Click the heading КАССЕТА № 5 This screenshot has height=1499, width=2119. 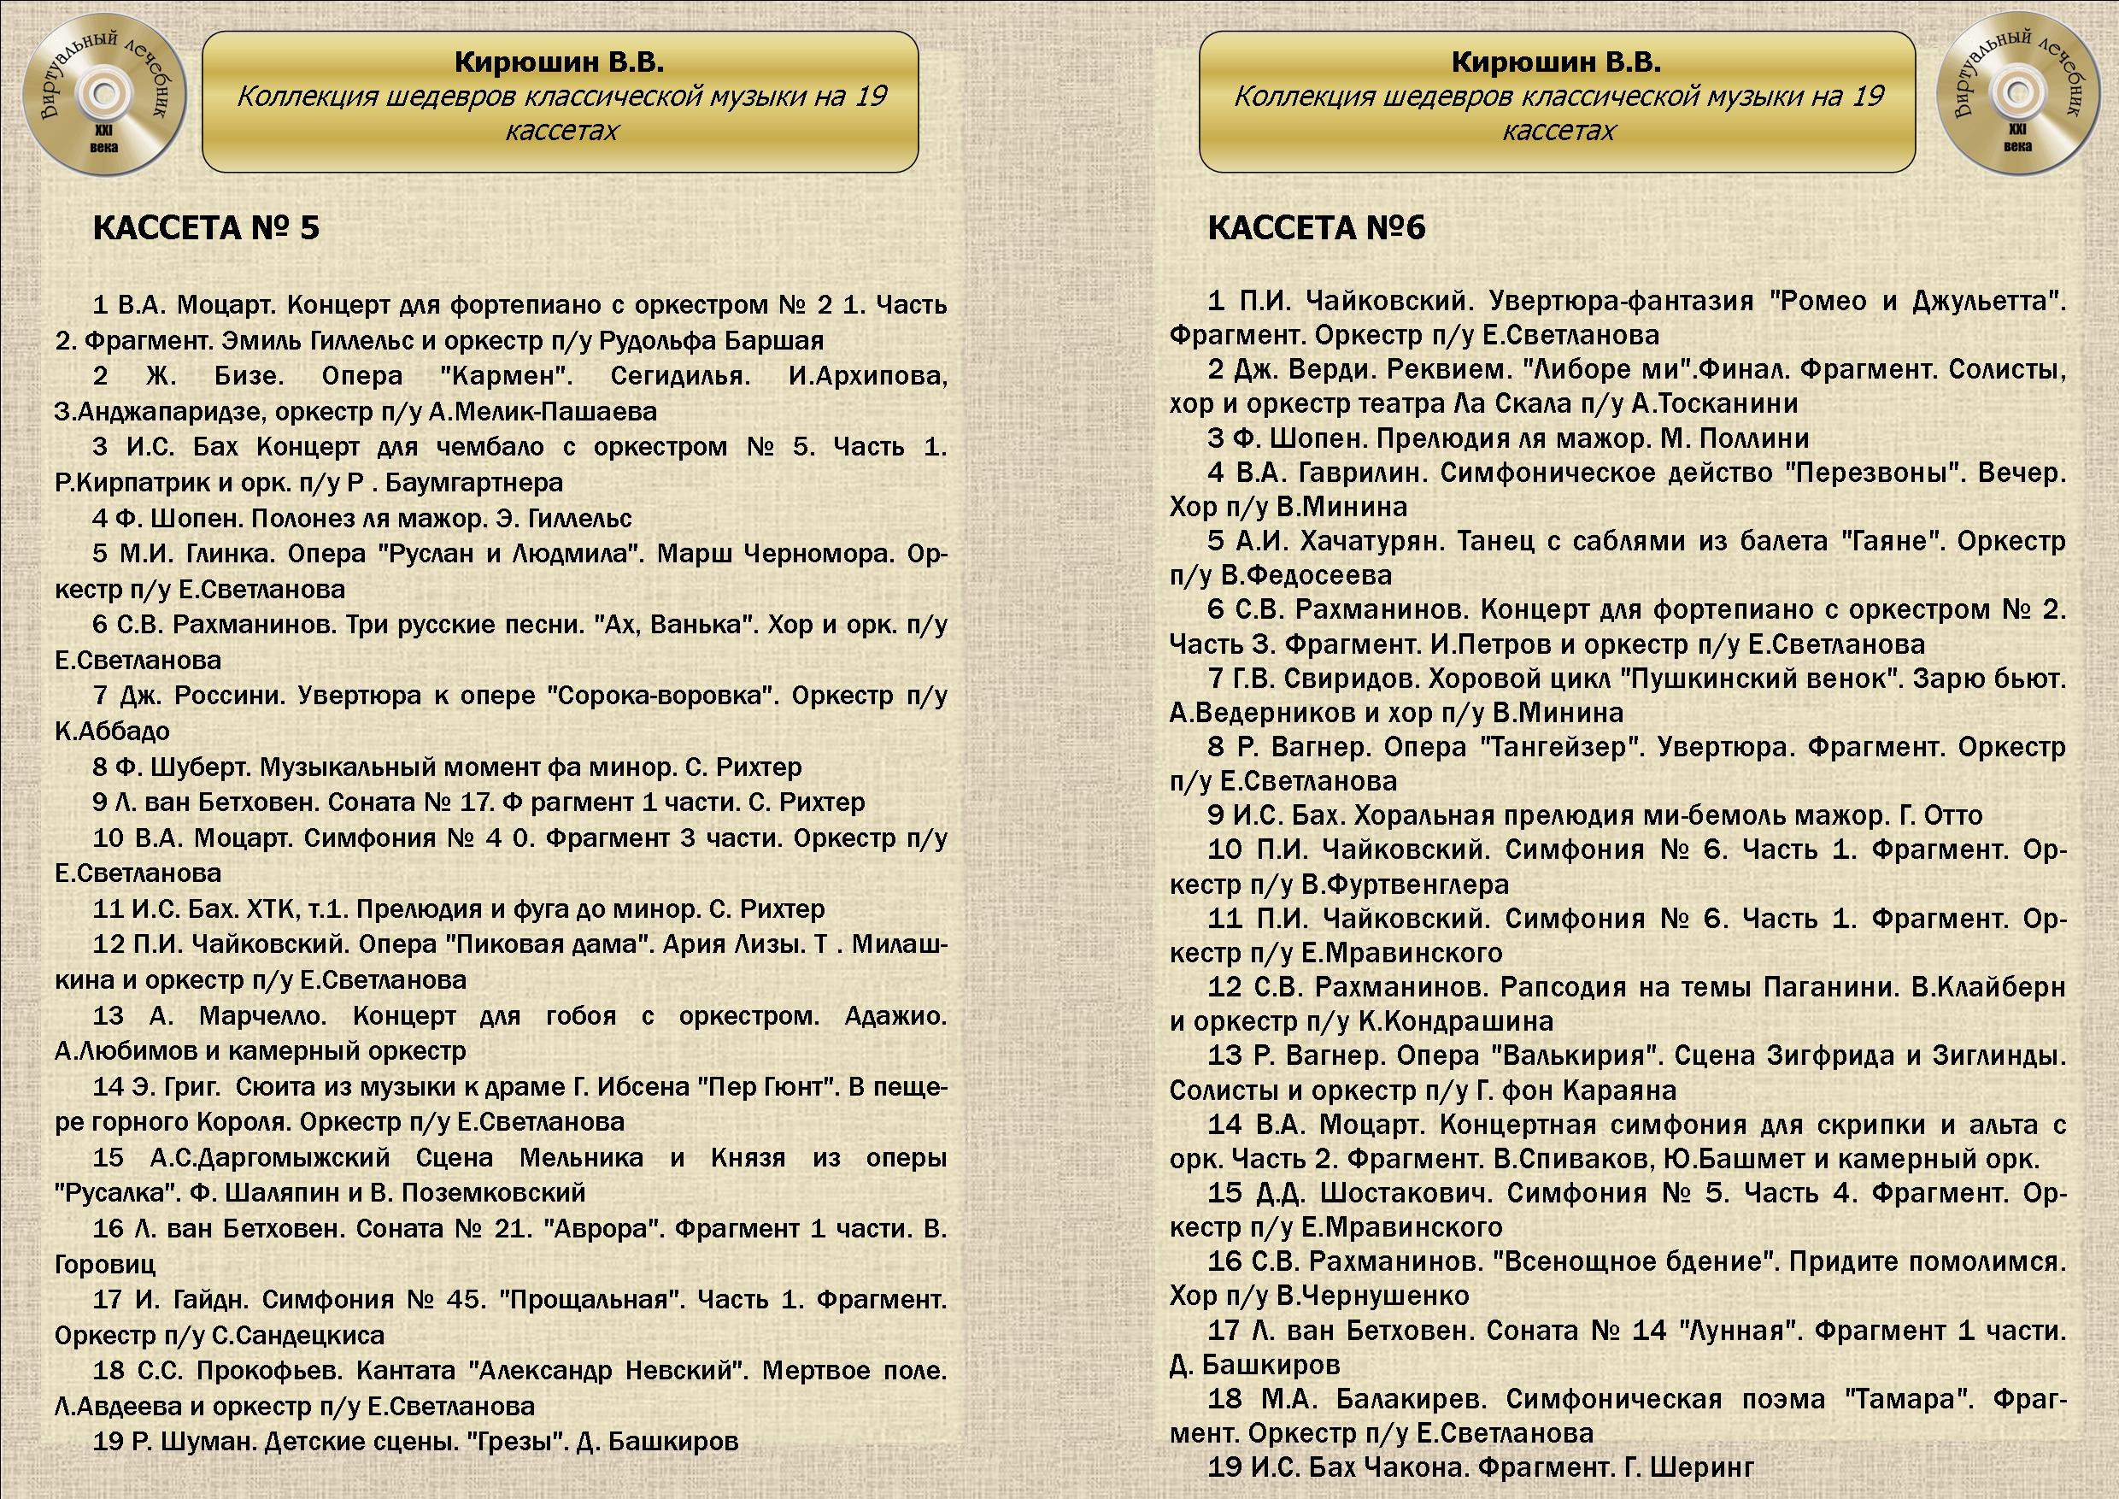coord(206,228)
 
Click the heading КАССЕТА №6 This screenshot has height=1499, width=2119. coord(1316,228)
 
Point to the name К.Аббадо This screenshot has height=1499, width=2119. coord(113,732)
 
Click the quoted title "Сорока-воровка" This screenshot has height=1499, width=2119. coord(660,696)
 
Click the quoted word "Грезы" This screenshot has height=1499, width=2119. coord(518,1441)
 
